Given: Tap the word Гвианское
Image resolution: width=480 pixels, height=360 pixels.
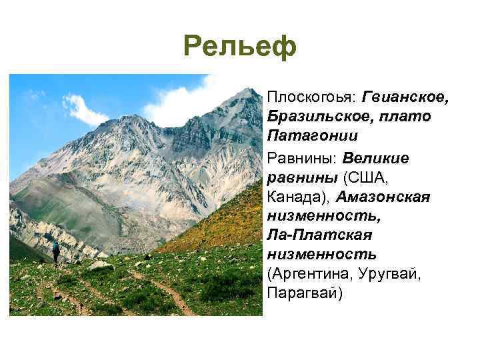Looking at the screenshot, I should pyautogui.click(x=406, y=98).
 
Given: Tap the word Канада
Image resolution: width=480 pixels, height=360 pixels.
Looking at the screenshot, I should pyautogui.click(x=296, y=197).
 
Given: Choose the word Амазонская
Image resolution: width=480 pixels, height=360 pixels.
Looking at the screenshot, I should pyautogui.click(x=383, y=197).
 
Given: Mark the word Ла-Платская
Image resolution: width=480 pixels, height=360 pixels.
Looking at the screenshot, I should pyautogui.click(x=319, y=236).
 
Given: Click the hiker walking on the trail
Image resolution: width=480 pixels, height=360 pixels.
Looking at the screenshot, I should pyautogui.click(x=56, y=253).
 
